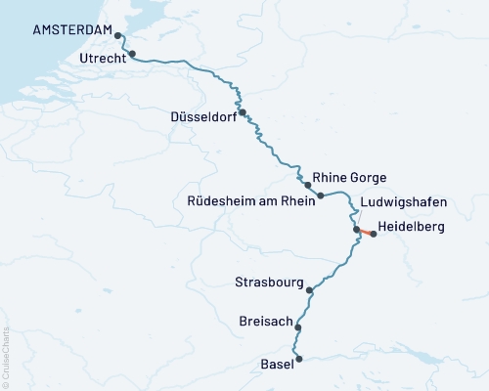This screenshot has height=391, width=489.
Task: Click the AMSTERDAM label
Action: click(71, 30)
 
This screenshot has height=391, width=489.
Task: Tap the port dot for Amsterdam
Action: click(118, 35)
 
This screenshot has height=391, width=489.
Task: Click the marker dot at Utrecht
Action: click(132, 55)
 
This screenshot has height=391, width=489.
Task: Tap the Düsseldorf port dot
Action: click(242, 112)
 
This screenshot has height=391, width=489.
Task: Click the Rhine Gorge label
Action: click(350, 178)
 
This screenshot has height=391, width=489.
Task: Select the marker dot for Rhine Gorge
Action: click(307, 184)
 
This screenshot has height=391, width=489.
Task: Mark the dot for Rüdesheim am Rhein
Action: click(321, 195)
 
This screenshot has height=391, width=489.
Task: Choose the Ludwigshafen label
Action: click(403, 202)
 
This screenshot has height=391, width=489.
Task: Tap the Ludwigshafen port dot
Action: click(357, 230)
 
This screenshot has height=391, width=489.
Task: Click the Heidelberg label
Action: click(411, 227)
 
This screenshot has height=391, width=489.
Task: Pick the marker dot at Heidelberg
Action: click(373, 235)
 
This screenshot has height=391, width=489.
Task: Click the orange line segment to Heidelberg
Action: click(365, 233)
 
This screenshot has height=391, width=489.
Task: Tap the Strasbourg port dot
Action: click(309, 290)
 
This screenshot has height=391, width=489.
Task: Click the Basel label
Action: click(276, 365)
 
